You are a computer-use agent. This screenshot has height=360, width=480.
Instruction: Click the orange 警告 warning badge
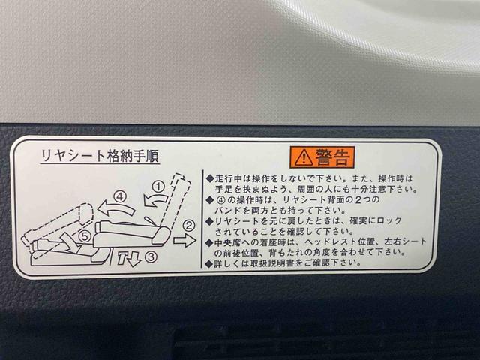pos(321,157)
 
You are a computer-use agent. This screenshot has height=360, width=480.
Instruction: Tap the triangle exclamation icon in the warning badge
pos(301,157)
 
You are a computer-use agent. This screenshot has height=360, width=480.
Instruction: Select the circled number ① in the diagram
pos(158,185)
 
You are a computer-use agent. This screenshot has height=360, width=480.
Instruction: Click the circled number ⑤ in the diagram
pos(85,235)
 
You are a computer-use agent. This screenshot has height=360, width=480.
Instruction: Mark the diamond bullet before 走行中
pos(209,179)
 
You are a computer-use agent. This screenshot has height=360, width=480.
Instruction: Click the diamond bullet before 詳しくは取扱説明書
pos(209,263)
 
